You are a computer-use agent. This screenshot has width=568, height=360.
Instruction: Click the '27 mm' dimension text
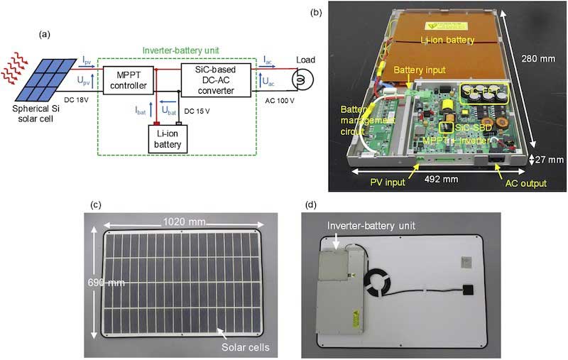point(547,160)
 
